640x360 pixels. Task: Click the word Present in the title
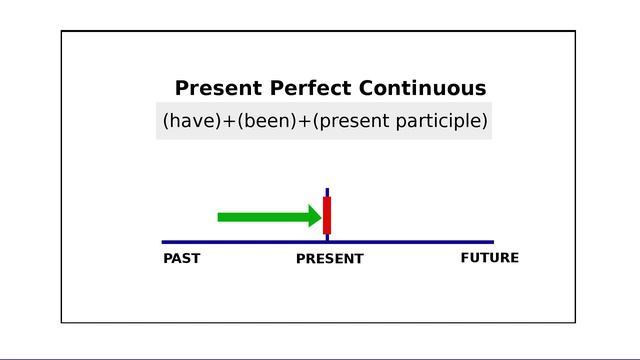click(213, 88)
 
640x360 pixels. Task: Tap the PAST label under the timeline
click(182, 258)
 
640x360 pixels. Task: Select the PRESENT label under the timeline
click(330, 259)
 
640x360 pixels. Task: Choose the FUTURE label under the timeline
click(490, 258)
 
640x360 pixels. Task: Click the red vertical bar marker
click(327, 215)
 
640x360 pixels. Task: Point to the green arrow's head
click(314, 216)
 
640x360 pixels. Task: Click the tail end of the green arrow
click(221, 216)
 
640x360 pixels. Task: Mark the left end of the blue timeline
click(164, 242)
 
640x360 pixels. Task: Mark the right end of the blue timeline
click(492, 242)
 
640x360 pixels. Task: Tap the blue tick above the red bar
click(327, 191)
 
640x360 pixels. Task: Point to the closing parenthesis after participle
click(485, 122)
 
